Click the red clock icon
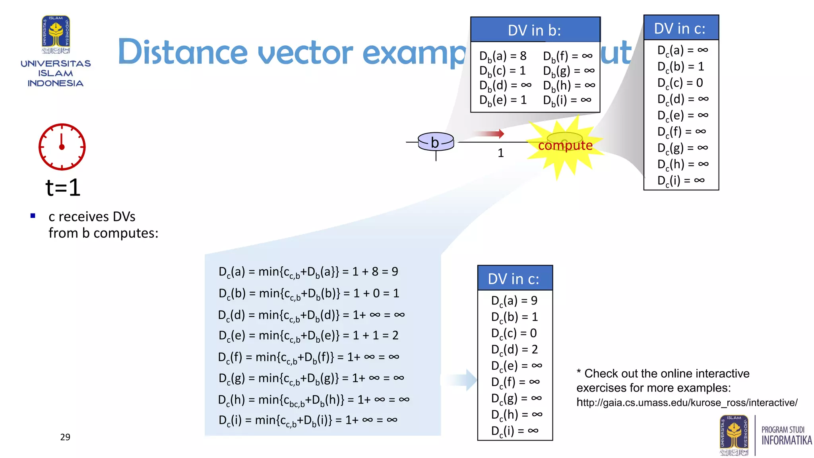point(62,147)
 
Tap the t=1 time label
point(63,188)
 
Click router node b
point(436,142)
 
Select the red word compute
point(565,145)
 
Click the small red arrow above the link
point(489,134)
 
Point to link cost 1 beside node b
point(501,153)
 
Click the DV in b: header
point(535,30)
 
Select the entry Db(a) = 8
point(503,56)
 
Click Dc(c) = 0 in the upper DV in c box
point(680,83)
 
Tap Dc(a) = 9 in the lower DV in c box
point(514,301)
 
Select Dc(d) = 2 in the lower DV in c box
point(514,349)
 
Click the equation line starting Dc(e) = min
point(308,336)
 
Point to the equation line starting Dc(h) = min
point(313,400)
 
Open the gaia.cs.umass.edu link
point(687,403)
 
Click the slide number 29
point(65,437)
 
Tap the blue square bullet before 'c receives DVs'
point(33,216)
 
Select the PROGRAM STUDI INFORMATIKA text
point(786,436)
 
